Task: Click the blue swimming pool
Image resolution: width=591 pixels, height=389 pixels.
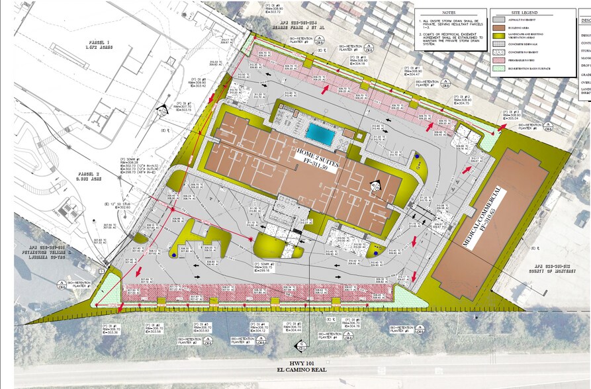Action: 322,134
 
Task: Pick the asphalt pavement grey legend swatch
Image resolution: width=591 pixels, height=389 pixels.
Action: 499,21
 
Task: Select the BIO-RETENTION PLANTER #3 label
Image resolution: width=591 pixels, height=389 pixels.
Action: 241,341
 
